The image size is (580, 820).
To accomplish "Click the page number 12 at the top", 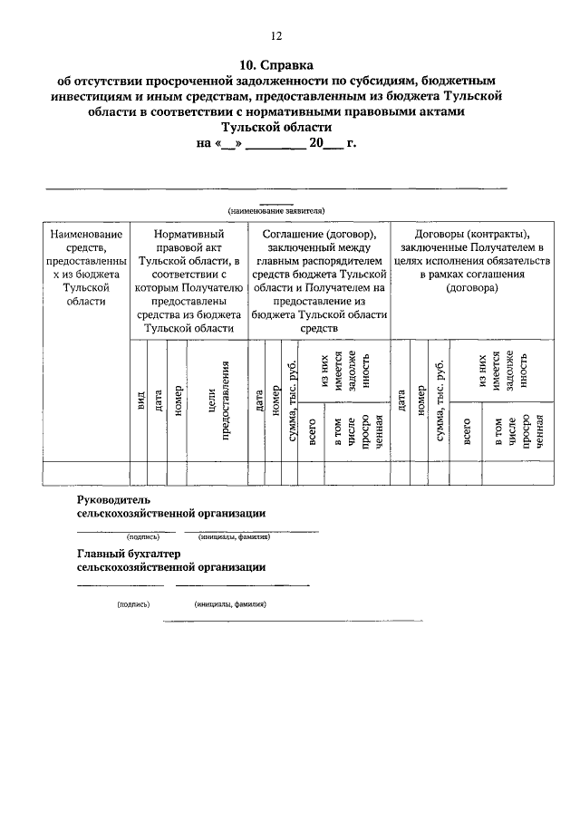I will coord(277,36).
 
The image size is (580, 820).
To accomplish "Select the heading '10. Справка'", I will coord(276,65).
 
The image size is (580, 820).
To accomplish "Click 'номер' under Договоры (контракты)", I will coord(420,400).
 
